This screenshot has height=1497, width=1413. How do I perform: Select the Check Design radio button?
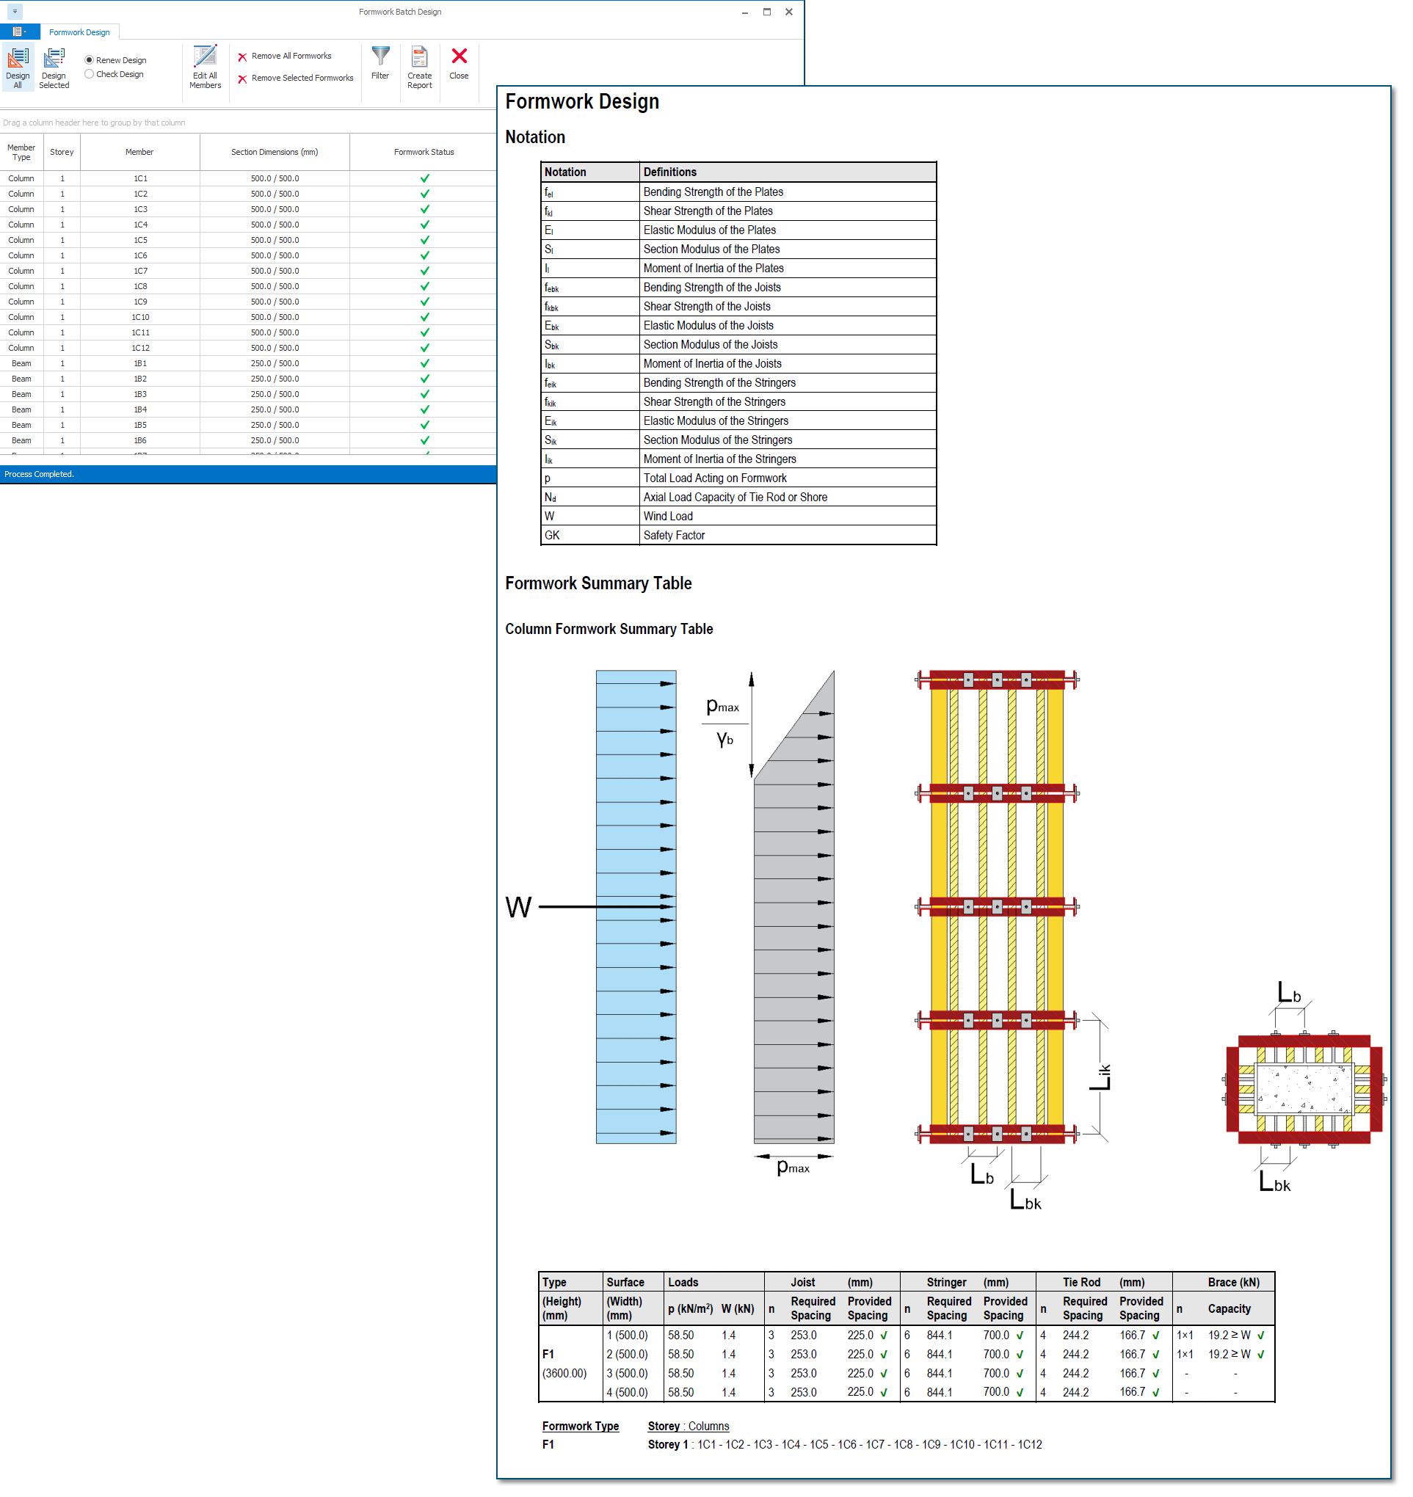point(89,74)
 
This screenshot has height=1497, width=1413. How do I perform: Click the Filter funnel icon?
point(381,56)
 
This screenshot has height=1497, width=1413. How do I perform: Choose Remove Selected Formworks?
point(295,79)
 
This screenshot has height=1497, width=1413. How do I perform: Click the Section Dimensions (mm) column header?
point(275,152)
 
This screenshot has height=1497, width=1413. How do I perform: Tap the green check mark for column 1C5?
point(425,240)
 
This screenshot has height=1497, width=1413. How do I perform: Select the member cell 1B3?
point(140,395)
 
